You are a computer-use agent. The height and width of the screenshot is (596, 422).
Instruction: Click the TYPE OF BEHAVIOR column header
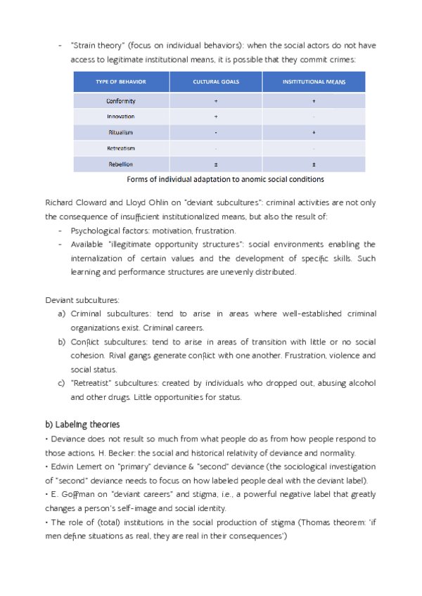click(x=121, y=82)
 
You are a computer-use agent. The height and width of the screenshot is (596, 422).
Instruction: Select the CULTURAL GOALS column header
click(x=216, y=82)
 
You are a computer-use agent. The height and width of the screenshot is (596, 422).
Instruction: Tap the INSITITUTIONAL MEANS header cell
click(x=314, y=82)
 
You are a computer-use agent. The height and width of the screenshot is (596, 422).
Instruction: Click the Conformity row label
click(x=121, y=101)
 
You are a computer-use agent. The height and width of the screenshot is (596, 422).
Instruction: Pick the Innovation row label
click(x=121, y=117)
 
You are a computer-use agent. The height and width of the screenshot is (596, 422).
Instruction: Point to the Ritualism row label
click(x=121, y=132)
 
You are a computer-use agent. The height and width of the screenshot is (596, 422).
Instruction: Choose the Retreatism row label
click(x=121, y=148)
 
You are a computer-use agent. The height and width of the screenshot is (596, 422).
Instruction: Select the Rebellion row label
click(x=121, y=164)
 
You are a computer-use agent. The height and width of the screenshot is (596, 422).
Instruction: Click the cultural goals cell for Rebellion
click(x=216, y=164)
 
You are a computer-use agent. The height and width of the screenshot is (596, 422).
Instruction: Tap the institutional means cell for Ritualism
click(x=314, y=132)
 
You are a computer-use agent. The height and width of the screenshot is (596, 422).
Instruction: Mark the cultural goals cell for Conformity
click(x=216, y=101)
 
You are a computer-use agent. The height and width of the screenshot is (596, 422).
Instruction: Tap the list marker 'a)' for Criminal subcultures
click(x=61, y=313)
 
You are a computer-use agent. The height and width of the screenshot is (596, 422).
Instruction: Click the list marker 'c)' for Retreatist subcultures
click(x=61, y=383)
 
